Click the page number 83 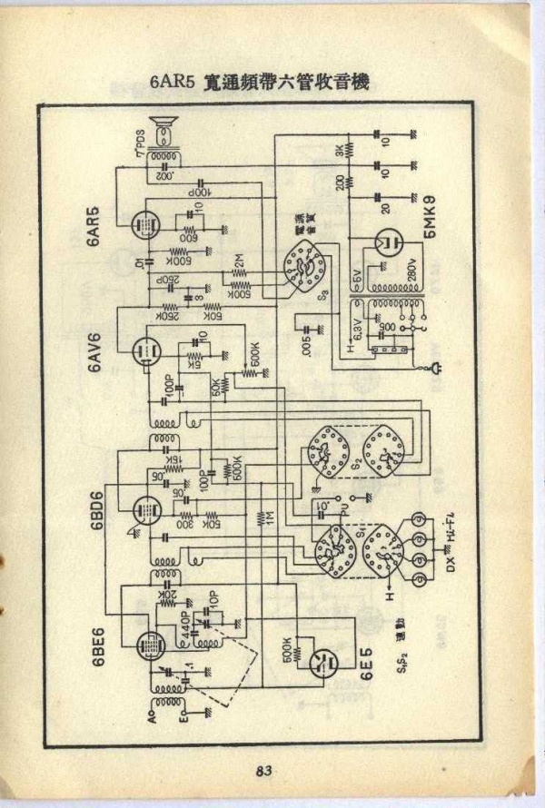[x=263, y=771]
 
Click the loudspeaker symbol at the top [x=165, y=133]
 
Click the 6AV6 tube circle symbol [x=143, y=351]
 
